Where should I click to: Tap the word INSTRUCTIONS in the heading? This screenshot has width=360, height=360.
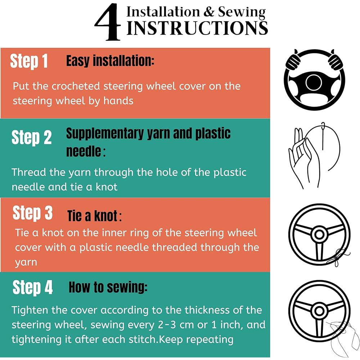(197, 28)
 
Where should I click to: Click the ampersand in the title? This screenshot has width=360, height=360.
(209, 12)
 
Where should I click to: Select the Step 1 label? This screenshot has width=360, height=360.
(29, 61)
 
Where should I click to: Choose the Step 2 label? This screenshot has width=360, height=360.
(31, 137)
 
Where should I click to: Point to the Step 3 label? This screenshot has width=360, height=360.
(33, 213)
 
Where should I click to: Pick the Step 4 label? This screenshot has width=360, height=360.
(33, 287)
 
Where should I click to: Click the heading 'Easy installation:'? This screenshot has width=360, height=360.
(110, 61)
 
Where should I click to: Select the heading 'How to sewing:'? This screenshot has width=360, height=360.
(108, 287)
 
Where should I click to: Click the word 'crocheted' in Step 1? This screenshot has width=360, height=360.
(76, 86)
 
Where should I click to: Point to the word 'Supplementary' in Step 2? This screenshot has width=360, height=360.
(105, 134)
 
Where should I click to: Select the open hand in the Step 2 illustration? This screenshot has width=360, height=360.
(303, 158)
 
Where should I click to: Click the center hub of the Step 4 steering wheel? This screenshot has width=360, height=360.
(319, 311)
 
